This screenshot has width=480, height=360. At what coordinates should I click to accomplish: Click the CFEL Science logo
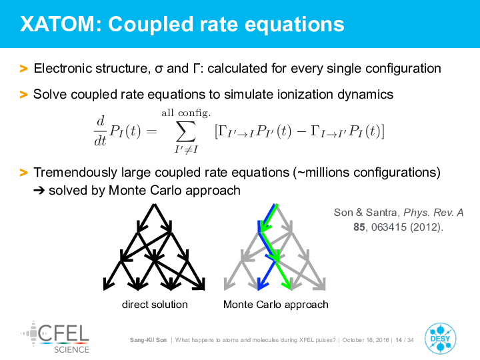[55, 337]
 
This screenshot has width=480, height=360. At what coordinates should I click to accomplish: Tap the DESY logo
[440, 339]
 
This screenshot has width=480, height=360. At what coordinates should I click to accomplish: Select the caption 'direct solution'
[155, 304]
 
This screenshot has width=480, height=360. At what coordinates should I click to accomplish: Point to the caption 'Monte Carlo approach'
[275, 305]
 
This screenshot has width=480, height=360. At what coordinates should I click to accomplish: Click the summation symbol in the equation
[186, 131]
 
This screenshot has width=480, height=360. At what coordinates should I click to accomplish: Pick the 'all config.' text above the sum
[186, 113]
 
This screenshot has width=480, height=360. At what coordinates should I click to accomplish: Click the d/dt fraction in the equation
[101, 131]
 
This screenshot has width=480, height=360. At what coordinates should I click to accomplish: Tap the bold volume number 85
[359, 227]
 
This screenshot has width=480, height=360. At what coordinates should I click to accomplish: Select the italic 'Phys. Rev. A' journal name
[433, 213]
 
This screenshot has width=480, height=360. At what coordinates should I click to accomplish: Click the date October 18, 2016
[365, 340]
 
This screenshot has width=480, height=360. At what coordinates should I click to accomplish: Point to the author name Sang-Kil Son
[148, 340]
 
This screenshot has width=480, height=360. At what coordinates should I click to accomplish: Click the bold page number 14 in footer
[399, 340]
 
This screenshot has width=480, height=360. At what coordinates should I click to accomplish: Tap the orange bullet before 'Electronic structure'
[23, 69]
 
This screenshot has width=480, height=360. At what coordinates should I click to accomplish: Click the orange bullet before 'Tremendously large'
[23, 173]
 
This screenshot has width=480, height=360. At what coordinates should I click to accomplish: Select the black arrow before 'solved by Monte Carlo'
[39, 191]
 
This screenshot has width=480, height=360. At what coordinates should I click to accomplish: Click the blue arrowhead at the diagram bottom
[262, 283]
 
